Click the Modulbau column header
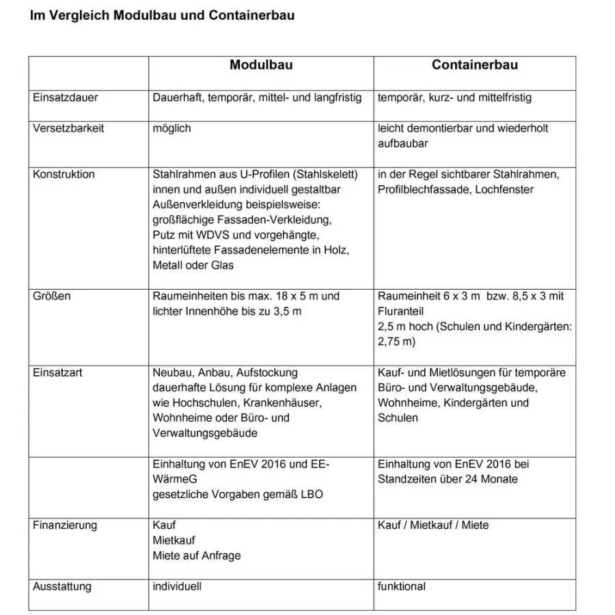(261, 66)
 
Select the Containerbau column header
(474, 66)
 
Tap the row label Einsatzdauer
(65, 98)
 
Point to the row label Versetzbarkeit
(68, 128)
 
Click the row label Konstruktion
(64, 174)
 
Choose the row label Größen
(52, 297)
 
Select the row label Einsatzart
(58, 373)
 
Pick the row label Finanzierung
(65, 525)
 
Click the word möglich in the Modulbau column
(172, 128)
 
